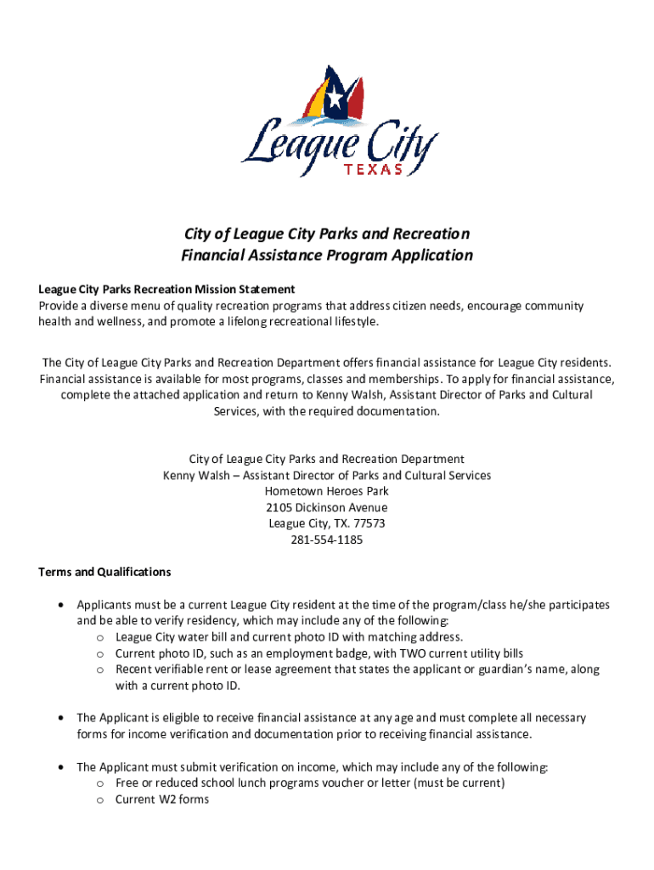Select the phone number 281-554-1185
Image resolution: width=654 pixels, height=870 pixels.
pos(327,540)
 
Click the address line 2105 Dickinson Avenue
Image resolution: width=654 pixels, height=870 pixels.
pos(327,507)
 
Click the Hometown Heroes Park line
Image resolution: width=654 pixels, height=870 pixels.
pos(327,491)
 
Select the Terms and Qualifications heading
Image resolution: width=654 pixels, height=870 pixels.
pos(104,572)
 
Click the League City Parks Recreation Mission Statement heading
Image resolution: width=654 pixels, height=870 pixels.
pos(166,290)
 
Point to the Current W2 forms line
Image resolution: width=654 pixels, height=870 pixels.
pos(162,799)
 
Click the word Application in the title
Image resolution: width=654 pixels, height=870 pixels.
pos(430,255)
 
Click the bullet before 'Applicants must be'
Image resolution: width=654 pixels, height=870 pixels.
pos(60,605)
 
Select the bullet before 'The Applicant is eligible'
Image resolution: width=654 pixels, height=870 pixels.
pos(60,718)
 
